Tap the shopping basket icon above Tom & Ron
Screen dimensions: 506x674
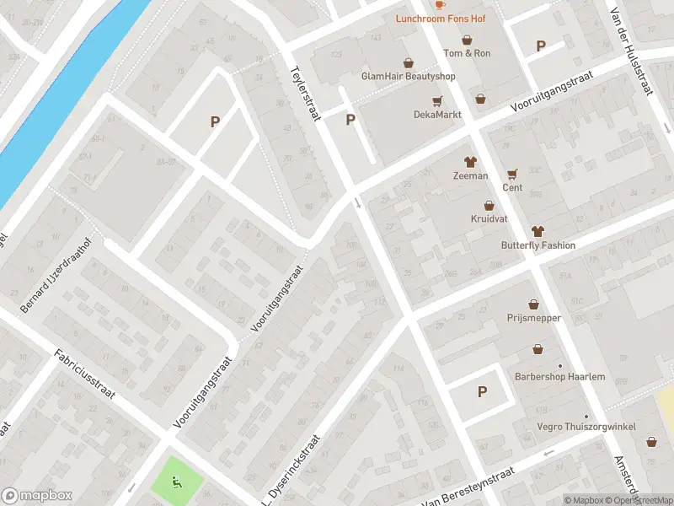[467, 40]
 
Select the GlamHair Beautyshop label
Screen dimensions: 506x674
[408, 76]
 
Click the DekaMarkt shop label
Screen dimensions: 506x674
[434, 114]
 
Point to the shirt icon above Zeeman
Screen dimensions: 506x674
[470, 162]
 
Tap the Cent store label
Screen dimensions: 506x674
[512, 187]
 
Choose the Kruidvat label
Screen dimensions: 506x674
[489, 218]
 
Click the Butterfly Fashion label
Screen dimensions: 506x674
[538, 245]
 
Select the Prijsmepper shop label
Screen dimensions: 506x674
[533, 318]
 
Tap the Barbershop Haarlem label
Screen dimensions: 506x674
[560, 376]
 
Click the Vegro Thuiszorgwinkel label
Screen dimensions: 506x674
[586, 427]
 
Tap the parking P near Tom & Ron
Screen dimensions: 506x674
[541, 46]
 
